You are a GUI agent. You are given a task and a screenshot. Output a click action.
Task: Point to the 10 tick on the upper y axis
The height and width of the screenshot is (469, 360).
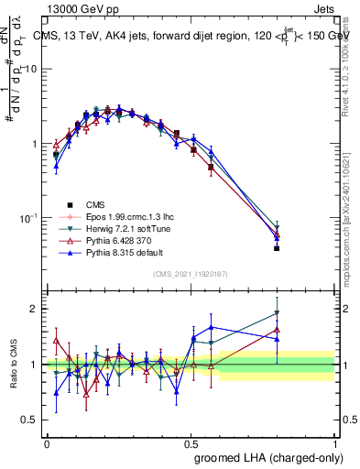pos(33,70)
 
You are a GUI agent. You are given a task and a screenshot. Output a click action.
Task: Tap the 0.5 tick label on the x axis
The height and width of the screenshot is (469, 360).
pos(191,442)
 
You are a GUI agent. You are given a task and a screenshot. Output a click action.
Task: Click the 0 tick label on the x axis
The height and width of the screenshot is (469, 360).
pos(47,442)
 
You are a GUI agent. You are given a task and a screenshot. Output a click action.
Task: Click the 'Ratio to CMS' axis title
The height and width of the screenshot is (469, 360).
pos(14,365)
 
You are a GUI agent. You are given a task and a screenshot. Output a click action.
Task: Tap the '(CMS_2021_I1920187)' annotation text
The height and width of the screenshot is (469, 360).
pos(191,275)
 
